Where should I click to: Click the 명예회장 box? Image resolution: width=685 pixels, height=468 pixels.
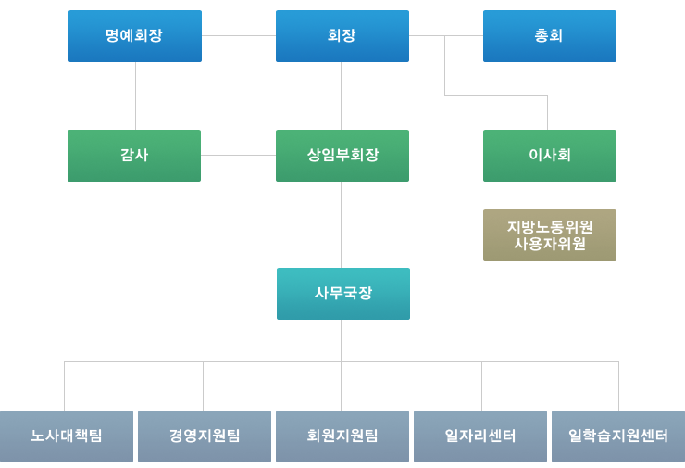[x=135, y=36]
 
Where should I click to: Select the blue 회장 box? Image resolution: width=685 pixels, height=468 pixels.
[x=342, y=36]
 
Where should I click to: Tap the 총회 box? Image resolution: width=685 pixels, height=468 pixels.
[x=549, y=36]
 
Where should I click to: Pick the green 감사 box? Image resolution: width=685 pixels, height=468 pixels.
[x=134, y=156]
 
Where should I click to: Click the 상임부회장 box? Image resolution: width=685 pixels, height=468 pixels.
[x=342, y=156]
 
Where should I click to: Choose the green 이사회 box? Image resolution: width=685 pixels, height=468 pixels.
[x=549, y=156]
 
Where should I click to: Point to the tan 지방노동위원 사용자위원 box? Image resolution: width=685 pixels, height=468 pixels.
[x=549, y=235]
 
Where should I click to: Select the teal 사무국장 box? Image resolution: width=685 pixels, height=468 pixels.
[x=342, y=294]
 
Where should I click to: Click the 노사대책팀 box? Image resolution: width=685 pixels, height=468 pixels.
[x=67, y=436]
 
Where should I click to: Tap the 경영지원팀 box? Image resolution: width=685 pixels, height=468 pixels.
[x=205, y=436]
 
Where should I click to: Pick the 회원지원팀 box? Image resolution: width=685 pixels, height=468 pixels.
[x=342, y=436]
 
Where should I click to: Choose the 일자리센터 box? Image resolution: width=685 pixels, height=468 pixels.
[x=480, y=436]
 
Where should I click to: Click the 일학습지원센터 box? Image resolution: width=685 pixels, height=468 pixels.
[x=617, y=436]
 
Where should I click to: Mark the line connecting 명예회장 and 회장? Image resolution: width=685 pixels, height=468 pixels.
[x=239, y=36]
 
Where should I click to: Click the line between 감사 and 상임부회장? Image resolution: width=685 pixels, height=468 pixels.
[x=238, y=156]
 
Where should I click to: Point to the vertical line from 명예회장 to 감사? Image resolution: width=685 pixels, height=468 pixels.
[x=136, y=95]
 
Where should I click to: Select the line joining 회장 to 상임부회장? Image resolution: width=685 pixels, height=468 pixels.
[x=342, y=95]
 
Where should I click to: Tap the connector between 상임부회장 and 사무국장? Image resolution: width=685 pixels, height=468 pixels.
[x=342, y=224]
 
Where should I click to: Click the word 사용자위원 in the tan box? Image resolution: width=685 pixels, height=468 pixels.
[x=549, y=245]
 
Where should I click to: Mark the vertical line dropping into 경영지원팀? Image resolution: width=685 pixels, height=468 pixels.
[x=204, y=386]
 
